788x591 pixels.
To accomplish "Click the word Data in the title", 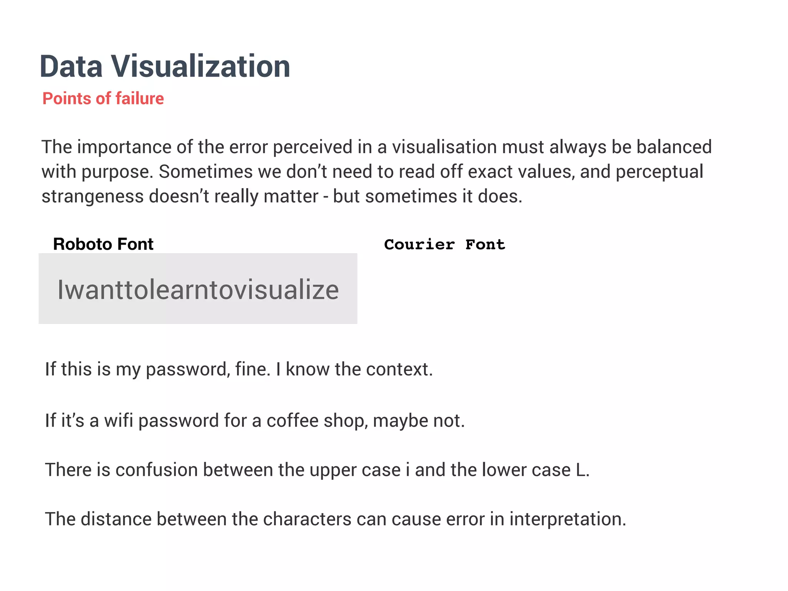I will pos(71,67).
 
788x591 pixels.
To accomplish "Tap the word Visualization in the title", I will pos(200,67).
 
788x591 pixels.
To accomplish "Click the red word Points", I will pos(67,98).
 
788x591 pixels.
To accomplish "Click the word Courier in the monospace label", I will pos(419,245).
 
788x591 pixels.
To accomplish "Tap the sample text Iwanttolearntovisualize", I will pos(198,290).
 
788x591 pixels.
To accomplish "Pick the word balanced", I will pos(674,147).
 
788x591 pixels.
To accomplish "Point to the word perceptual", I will pos(659,172).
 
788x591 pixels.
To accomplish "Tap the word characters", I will pos(307,519).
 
